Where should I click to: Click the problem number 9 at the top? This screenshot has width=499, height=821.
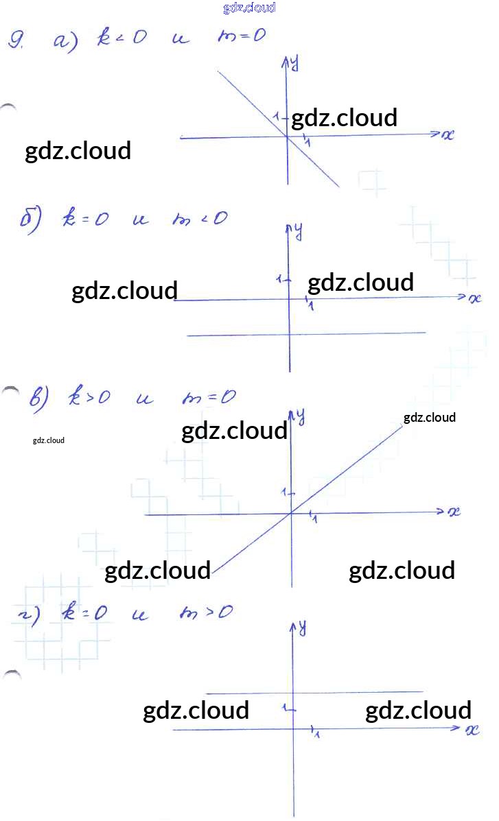(x=16, y=41)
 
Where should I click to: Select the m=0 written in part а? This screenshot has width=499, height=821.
(x=240, y=36)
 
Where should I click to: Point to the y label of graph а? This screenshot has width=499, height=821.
(x=294, y=63)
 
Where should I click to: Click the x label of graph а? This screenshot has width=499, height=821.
(x=448, y=135)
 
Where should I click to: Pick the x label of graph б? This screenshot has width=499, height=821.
(x=475, y=298)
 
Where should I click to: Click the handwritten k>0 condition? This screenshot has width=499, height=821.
(x=89, y=397)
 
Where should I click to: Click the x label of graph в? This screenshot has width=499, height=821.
(x=454, y=512)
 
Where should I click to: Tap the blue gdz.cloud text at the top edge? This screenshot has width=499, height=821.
(x=249, y=8)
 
